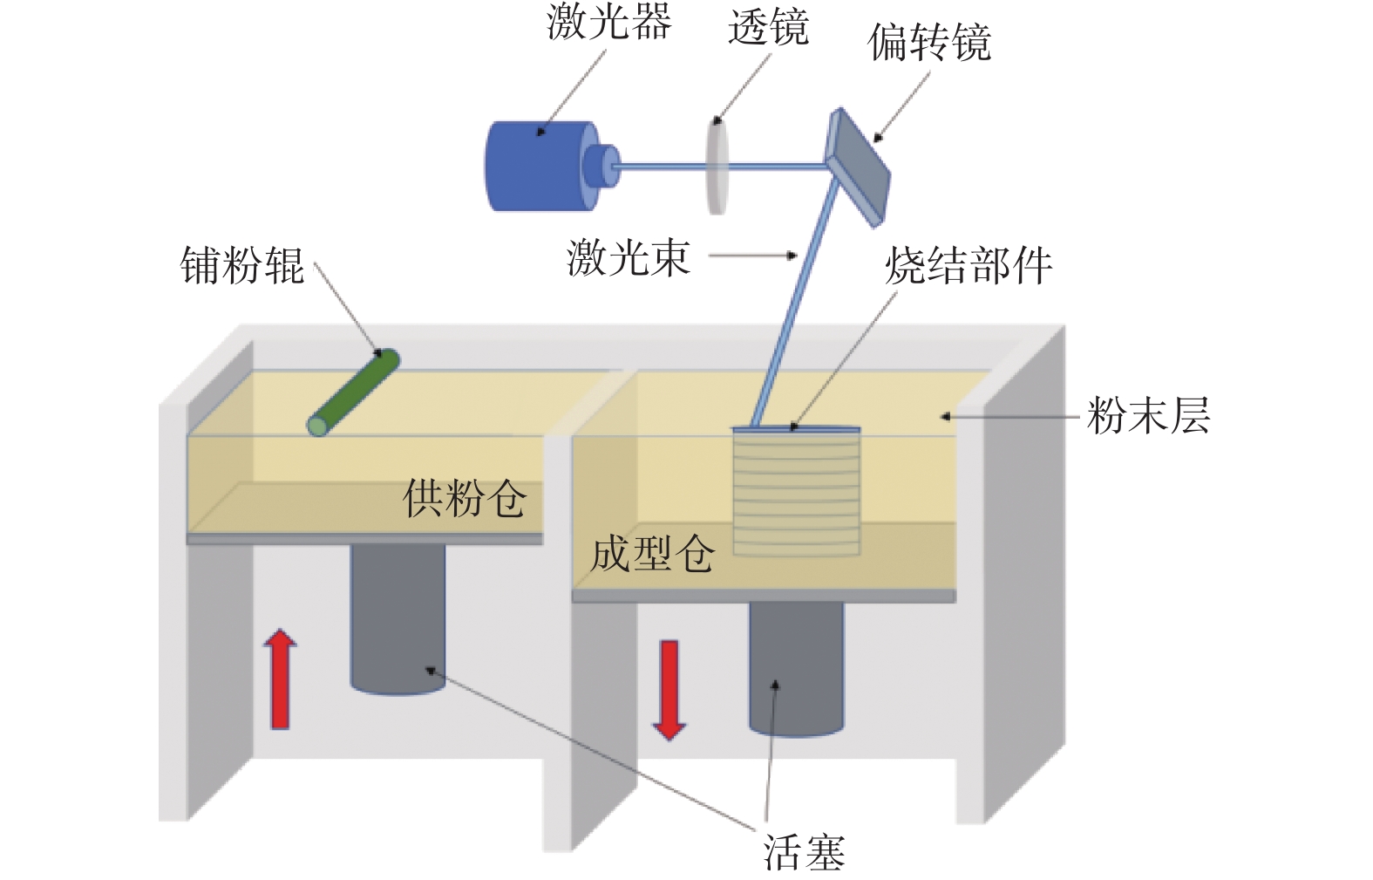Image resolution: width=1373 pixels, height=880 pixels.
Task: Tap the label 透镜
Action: click(x=769, y=28)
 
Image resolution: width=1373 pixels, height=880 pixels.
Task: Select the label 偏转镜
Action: click(x=929, y=43)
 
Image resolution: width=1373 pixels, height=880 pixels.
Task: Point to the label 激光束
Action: click(x=629, y=257)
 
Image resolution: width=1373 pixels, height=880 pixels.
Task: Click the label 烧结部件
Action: click(x=969, y=265)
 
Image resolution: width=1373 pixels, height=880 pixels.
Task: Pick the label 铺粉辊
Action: click(x=242, y=265)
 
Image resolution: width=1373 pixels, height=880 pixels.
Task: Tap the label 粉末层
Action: click(x=1148, y=416)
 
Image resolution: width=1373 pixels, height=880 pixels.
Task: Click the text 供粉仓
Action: click(x=464, y=498)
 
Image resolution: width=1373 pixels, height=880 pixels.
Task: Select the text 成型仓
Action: click(x=652, y=554)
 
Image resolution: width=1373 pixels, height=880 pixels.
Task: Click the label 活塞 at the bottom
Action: click(x=804, y=852)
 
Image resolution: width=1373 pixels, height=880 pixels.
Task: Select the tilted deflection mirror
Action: click(x=858, y=167)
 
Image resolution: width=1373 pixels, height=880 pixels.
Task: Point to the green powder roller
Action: click(x=353, y=392)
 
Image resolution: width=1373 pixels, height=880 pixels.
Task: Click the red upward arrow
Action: click(x=280, y=679)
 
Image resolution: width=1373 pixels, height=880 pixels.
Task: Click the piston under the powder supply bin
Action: click(x=398, y=619)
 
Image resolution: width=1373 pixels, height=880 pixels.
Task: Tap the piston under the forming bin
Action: click(x=796, y=669)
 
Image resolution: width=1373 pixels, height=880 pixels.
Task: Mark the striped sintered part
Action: click(x=796, y=492)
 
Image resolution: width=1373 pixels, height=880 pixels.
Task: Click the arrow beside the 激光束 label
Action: click(x=753, y=256)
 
